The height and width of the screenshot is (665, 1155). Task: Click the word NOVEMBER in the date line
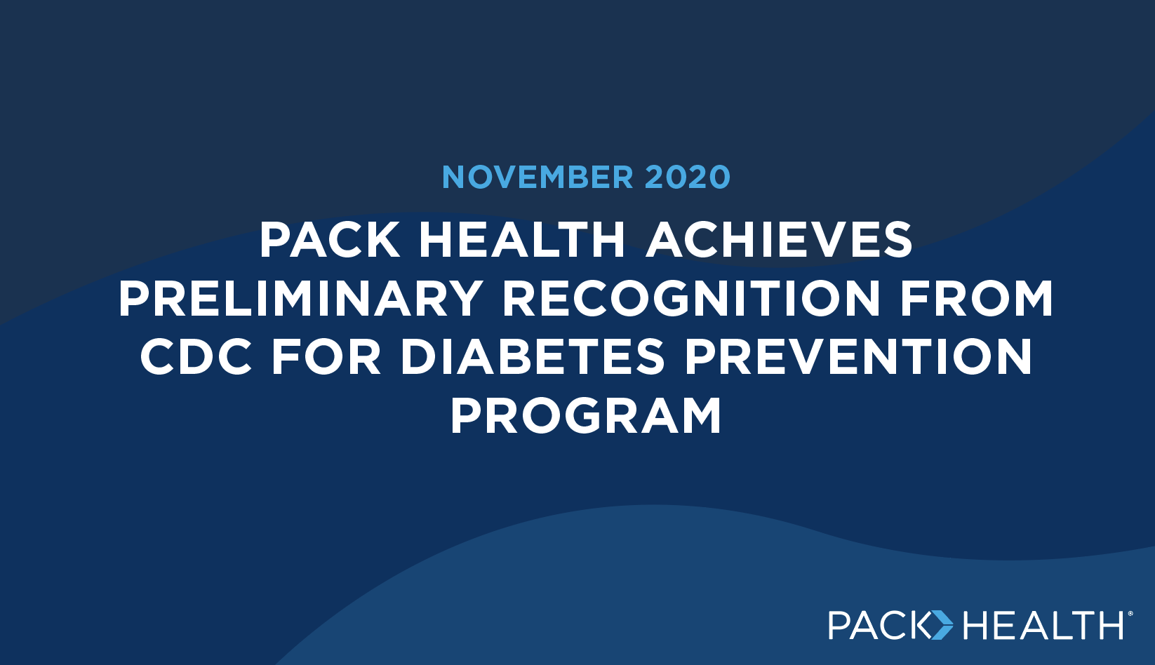coord(538,177)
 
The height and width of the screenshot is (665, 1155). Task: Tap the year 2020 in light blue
coord(688,177)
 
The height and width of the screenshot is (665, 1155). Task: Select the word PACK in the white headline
coord(330,240)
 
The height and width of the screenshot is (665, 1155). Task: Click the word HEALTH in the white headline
coord(522,240)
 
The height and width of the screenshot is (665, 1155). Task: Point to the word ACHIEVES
coord(779,240)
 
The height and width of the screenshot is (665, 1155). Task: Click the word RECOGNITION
coord(691,298)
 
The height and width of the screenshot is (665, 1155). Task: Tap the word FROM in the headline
coord(977,298)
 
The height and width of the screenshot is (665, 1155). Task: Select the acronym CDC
coord(196,357)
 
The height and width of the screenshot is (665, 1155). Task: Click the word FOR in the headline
coord(326,357)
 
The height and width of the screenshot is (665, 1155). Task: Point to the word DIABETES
coord(533,357)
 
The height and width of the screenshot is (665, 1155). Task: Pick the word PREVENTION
coord(858,357)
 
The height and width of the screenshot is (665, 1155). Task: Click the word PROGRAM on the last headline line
coord(586,415)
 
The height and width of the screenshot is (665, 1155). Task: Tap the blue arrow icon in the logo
coord(942,625)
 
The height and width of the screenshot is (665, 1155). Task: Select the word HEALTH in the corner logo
coord(1043,625)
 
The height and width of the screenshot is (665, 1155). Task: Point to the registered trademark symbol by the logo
coord(1130,614)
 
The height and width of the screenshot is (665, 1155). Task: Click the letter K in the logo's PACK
coord(918,625)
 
